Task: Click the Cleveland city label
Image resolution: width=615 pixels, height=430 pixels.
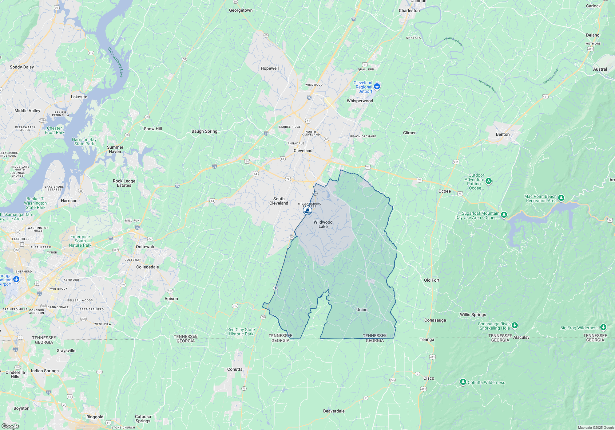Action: click(303, 150)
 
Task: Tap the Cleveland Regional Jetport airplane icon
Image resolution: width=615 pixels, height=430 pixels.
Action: click(377, 87)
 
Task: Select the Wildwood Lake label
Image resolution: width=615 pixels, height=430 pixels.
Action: click(323, 224)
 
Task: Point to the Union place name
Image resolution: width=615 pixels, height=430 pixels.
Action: click(362, 310)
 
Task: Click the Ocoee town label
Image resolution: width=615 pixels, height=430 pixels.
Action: click(444, 191)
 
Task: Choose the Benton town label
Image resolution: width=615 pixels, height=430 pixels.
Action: click(503, 134)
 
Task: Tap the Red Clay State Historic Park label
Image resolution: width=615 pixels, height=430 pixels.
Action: click(241, 332)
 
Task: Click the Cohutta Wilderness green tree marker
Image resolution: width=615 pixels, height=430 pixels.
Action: click(463, 382)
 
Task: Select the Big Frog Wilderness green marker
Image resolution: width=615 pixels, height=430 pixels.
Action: click(603, 327)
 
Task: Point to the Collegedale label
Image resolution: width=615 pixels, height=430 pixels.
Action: click(148, 267)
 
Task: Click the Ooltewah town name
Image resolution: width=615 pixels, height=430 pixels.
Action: click(145, 247)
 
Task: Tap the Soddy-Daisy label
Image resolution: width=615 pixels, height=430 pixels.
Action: click(22, 67)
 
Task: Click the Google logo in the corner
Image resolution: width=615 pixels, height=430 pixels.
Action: click(10, 426)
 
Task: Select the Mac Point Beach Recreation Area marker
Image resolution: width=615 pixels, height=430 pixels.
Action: click(561, 198)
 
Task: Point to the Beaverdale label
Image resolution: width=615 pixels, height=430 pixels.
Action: click(334, 411)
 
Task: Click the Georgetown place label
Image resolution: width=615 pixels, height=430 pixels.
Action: click(241, 10)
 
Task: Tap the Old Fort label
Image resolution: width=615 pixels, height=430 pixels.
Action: click(432, 280)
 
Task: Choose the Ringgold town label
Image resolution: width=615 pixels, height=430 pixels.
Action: click(95, 417)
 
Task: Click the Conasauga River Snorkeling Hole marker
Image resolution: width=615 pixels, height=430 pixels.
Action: click(515, 325)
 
